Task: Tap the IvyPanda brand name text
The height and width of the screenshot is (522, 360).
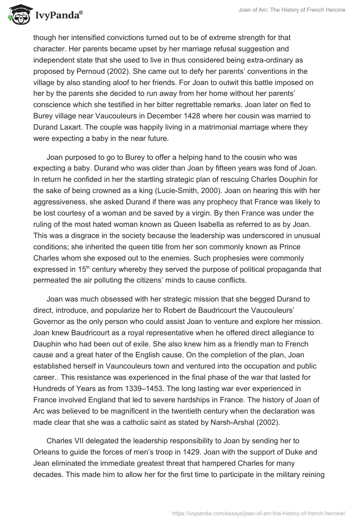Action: (x=58, y=16)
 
